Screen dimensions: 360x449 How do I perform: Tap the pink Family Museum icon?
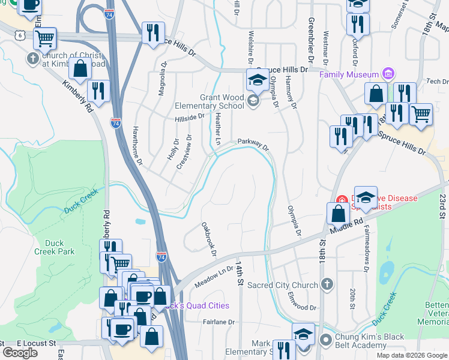[389, 75]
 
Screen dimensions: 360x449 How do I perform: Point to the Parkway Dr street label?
[253, 144]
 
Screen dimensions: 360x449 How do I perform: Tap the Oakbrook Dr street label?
[208, 239]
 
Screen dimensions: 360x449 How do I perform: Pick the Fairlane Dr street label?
[218, 322]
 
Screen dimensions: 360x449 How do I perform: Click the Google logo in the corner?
[20, 353]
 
